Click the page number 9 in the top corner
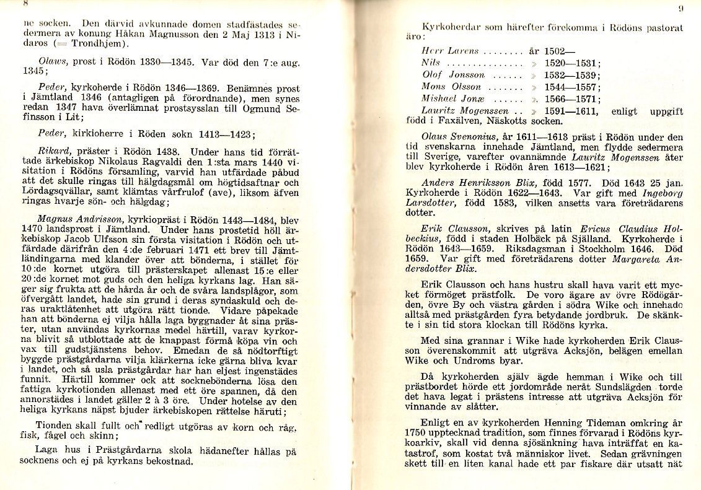point(681,9)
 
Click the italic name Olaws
point(50,62)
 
